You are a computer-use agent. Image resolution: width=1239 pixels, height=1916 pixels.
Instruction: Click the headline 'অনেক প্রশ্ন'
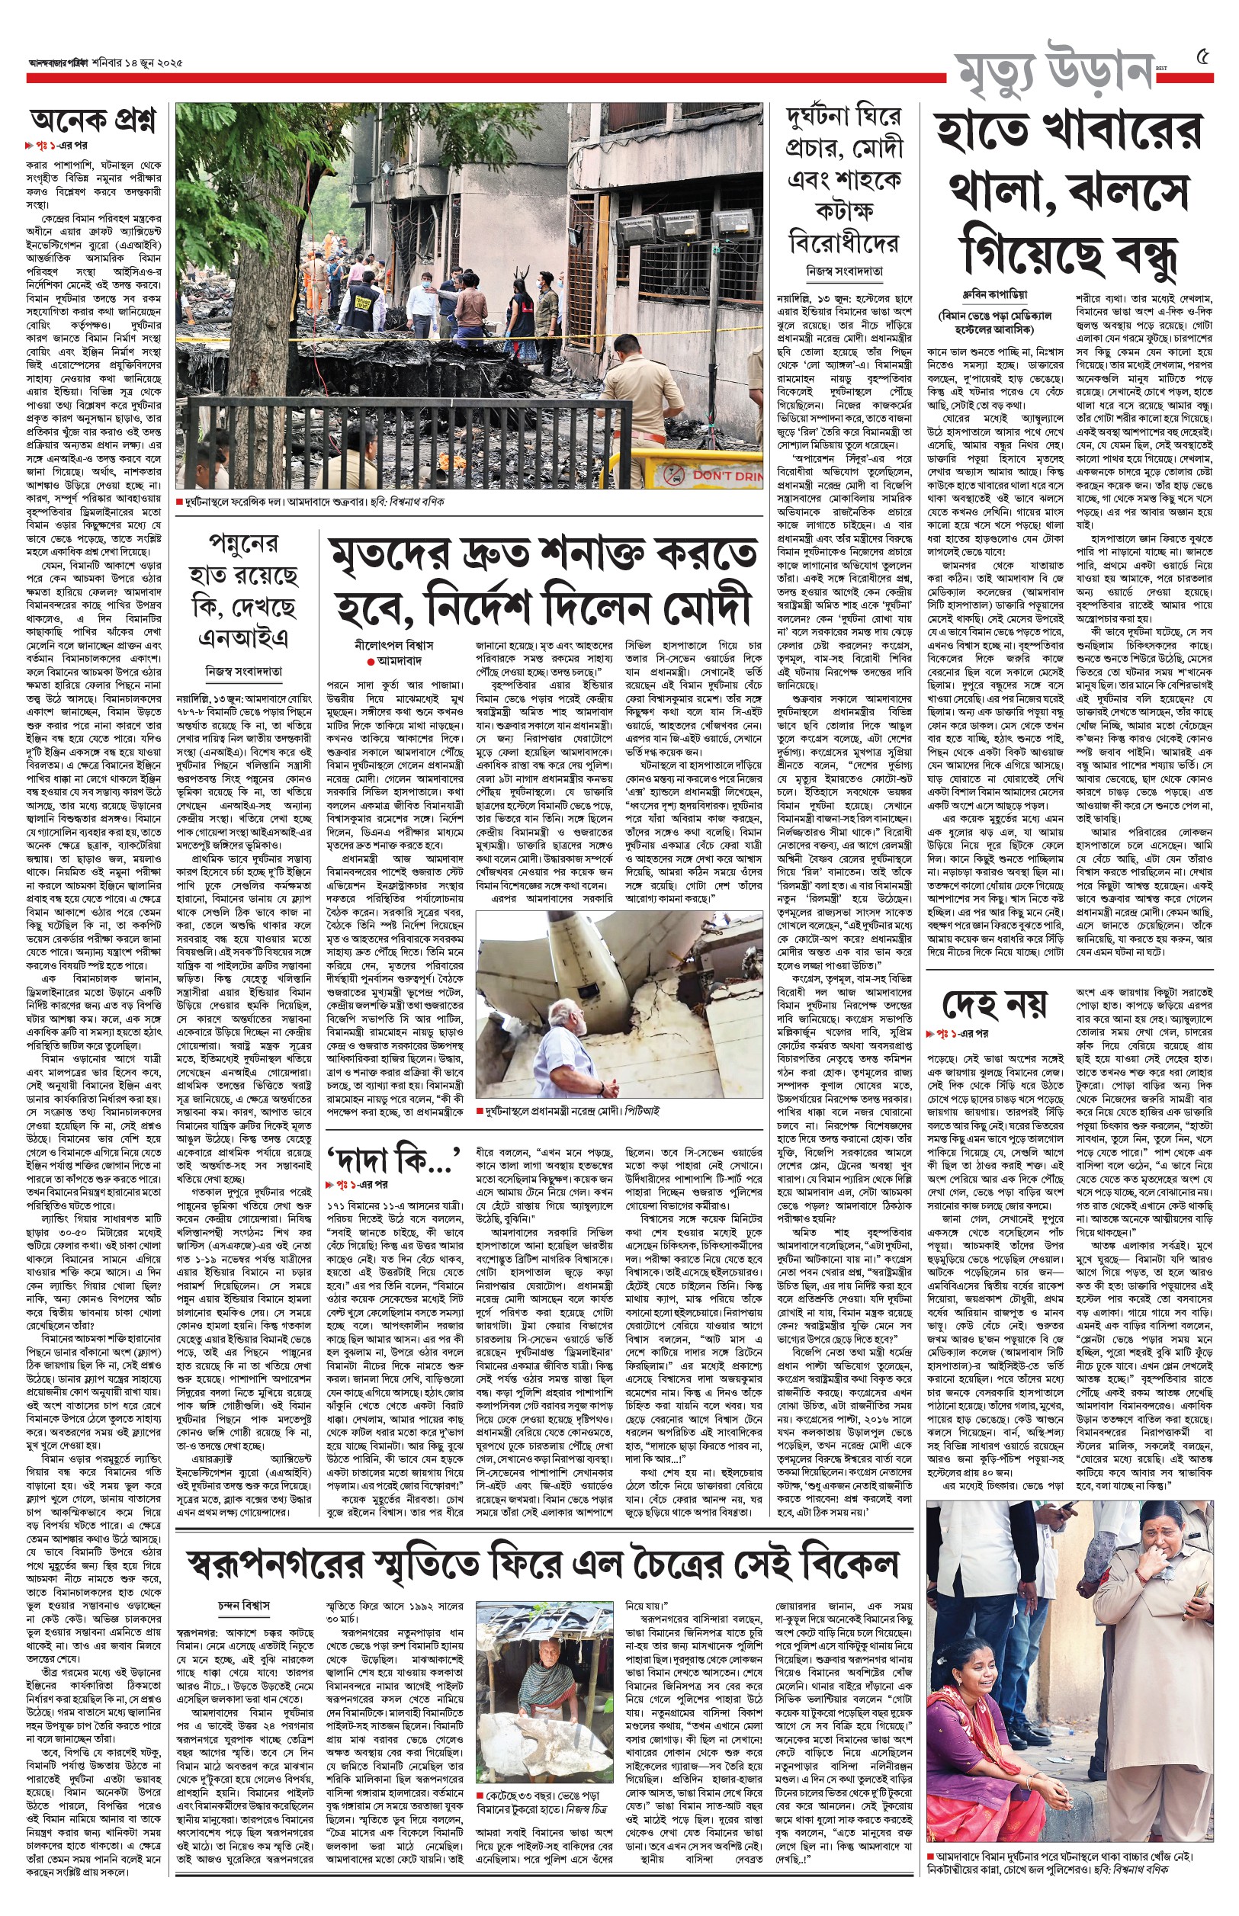pos(93,121)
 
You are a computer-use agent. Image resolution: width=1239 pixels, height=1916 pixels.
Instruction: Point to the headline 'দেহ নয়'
pos(994,1003)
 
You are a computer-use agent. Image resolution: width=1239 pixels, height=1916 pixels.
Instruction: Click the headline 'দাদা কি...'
pos(393,1158)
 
